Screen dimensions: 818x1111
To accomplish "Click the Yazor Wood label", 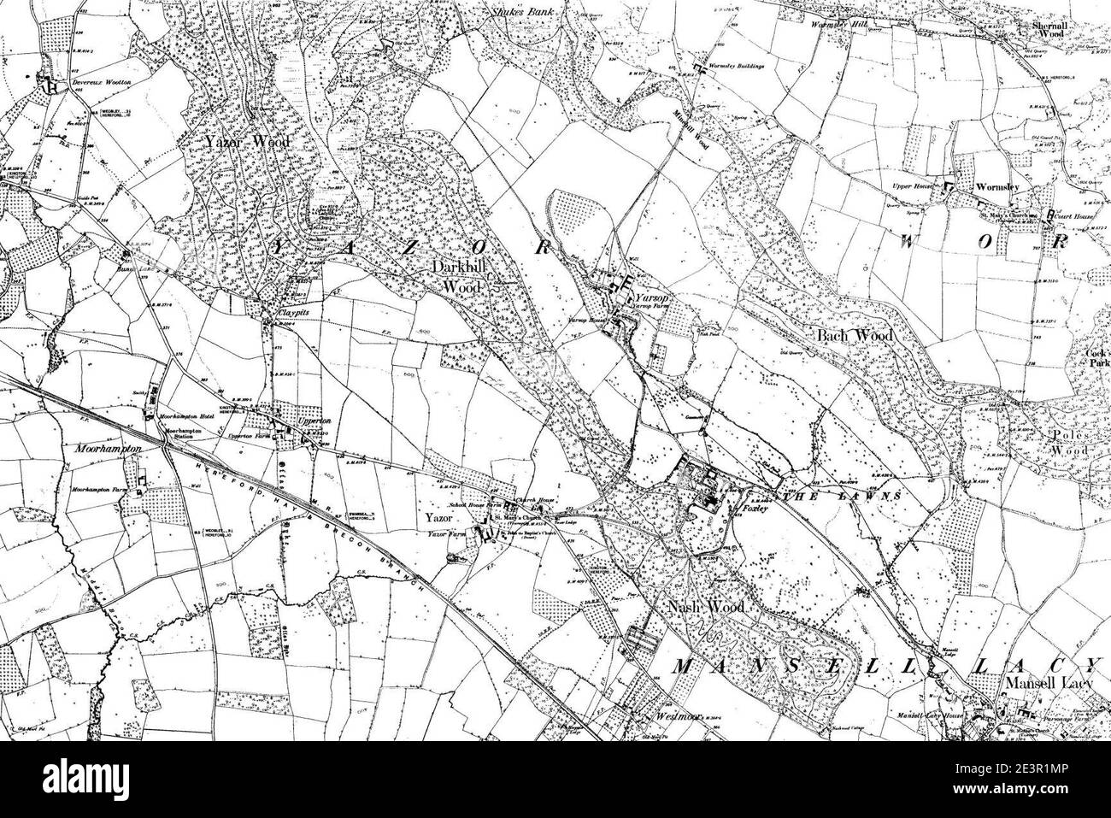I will [247, 142].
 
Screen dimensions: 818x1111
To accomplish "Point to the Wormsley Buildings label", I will [733, 66].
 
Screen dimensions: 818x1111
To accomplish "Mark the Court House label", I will [1074, 216].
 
